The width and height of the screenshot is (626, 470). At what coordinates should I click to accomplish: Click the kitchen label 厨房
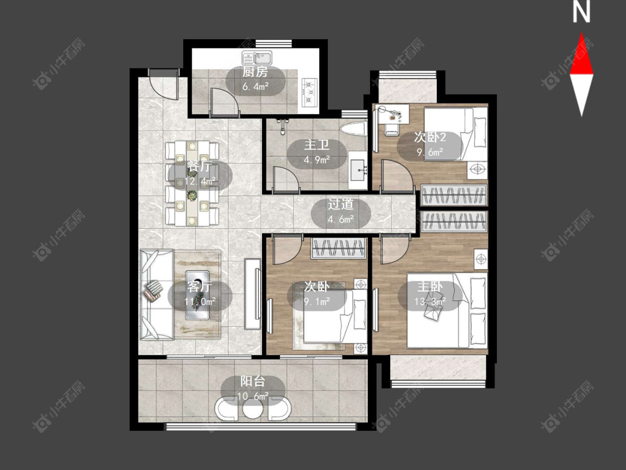[x=255, y=72]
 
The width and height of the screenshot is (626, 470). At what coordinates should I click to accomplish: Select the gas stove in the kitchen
[x=310, y=92]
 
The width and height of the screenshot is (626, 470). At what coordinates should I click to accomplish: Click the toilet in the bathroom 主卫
[x=354, y=129]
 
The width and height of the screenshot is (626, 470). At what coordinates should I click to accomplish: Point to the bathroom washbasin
[x=358, y=170]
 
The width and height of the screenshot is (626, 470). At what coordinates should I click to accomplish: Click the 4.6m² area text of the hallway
[x=341, y=219]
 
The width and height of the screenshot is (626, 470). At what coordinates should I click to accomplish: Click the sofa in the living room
[x=156, y=295]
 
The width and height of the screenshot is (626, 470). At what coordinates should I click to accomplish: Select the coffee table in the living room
[x=197, y=295]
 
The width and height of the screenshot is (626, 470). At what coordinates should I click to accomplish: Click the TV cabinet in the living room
[x=252, y=294]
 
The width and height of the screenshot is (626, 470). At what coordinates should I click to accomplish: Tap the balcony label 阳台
[x=253, y=381]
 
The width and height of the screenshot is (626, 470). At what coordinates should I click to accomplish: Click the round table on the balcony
[x=253, y=408]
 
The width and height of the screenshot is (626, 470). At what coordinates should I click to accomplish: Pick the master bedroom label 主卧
[x=430, y=287]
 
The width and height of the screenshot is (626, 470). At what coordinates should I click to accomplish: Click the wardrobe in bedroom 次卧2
[x=454, y=195]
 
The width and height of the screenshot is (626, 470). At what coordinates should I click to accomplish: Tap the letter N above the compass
[x=581, y=12]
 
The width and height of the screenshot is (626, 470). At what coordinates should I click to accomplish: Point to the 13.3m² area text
[x=430, y=302]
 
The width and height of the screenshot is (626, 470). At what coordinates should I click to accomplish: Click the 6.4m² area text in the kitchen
[x=255, y=86]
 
